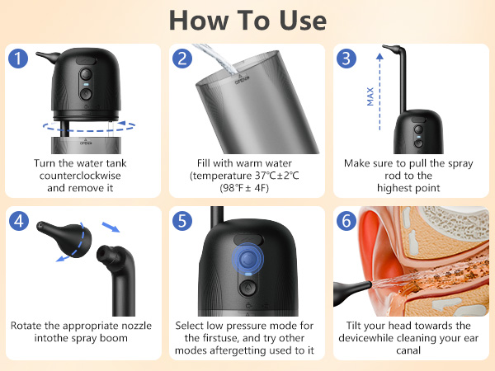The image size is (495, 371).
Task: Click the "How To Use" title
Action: point(247,20)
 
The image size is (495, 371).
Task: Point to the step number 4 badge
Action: point(20,222)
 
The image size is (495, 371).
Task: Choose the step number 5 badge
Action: point(183,222)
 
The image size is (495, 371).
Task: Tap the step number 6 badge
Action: point(346,222)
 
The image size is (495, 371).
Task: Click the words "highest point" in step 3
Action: point(410,190)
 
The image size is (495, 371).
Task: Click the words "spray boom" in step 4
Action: point(108,340)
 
